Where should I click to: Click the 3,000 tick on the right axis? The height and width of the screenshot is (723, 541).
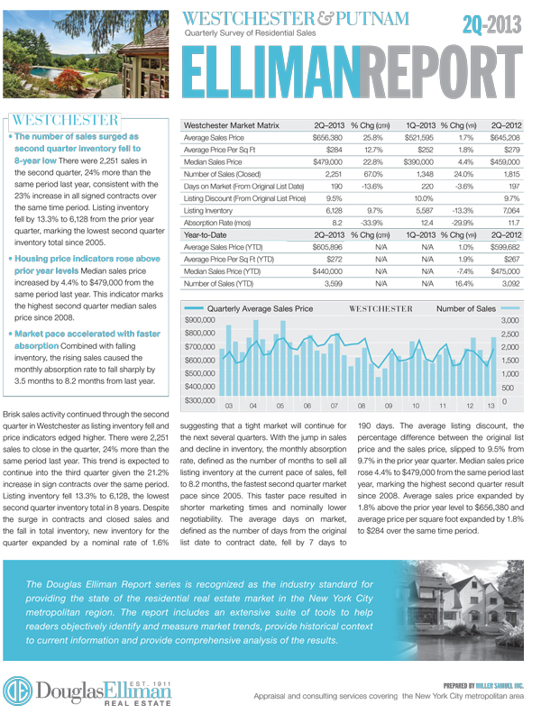click(508, 321)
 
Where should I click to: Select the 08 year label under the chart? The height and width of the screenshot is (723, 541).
click(361, 407)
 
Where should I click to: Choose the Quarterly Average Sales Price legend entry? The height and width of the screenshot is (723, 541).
click(261, 308)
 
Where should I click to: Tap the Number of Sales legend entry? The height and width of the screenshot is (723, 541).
click(466, 308)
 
